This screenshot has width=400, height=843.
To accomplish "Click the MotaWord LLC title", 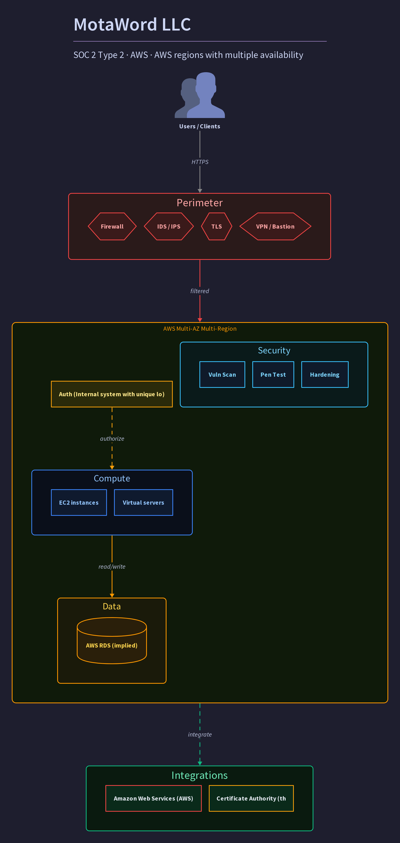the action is coord(132,24).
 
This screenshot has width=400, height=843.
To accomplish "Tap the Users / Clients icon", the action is coord(200,95).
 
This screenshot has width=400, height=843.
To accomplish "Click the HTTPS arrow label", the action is coord(200,162).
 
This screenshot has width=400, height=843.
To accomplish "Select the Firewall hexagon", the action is coord(112,226).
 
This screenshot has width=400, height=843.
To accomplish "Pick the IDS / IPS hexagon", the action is coord(169,226).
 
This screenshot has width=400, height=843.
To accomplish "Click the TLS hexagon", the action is coord(216,226).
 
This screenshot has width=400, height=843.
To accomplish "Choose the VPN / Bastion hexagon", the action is coord(275,226).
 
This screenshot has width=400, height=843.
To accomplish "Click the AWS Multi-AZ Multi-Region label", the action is coord(200,329).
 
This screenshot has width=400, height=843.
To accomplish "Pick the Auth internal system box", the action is coord(112,394).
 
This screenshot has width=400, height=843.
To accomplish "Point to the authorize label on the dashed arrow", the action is coord(112,439).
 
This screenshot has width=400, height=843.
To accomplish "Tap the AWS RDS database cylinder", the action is coord(112,640).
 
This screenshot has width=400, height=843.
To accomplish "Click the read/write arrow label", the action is coord(112,567).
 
